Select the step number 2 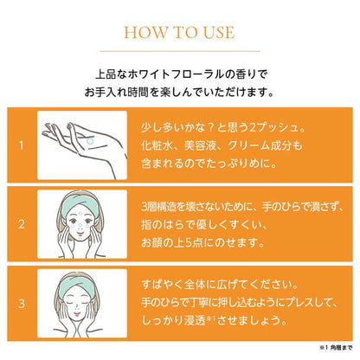(x=19, y=224)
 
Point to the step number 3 (x=19, y=302)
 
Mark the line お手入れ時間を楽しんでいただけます (x=180, y=90)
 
